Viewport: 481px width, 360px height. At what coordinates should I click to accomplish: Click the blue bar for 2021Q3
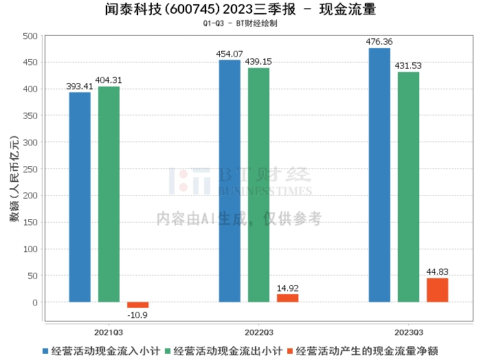(x=80, y=196)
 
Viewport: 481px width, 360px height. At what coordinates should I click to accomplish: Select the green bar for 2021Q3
(x=109, y=194)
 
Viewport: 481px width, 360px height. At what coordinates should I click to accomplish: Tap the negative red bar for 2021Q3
(x=137, y=305)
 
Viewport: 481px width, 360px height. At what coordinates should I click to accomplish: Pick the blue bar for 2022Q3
(x=230, y=181)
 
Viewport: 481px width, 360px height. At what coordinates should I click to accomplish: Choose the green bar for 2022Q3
(x=258, y=185)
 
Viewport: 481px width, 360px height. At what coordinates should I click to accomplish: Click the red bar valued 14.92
(x=287, y=298)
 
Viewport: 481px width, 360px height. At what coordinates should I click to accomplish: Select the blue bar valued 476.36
(x=379, y=175)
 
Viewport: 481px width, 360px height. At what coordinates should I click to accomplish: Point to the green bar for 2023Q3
(x=408, y=187)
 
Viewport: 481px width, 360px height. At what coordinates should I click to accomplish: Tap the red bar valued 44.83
(x=437, y=290)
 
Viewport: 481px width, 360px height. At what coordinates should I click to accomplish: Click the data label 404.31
(x=109, y=80)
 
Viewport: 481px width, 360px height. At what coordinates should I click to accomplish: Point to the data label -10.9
(x=137, y=315)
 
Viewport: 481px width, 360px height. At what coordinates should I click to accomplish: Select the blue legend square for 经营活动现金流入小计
(x=46, y=351)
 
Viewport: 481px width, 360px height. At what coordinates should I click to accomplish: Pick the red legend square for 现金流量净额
(x=290, y=351)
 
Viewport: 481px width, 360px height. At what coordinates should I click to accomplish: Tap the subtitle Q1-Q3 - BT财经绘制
(x=240, y=23)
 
